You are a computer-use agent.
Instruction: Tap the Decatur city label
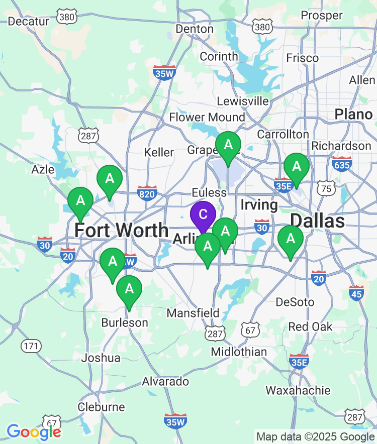(x=29, y=21)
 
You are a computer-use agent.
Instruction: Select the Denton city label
(x=195, y=29)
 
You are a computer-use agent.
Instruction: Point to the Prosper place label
(x=322, y=16)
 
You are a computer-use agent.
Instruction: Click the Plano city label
(x=354, y=114)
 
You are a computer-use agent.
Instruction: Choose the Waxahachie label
(x=298, y=390)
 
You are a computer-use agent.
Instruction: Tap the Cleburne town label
(x=101, y=406)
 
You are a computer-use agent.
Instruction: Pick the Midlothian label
(x=239, y=352)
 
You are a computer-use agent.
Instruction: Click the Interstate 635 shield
(x=342, y=164)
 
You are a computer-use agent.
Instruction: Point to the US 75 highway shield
(x=326, y=188)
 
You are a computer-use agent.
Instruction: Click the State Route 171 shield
(x=30, y=346)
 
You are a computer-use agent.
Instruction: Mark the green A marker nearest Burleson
(x=129, y=289)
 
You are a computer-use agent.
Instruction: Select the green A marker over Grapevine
(x=228, y=146)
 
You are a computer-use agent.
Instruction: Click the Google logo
(x=34, y=431)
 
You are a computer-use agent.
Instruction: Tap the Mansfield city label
(x=193, y=313)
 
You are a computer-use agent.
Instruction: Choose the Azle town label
(x=43, y=169)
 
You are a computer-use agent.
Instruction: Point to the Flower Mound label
(x=207, y=118)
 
